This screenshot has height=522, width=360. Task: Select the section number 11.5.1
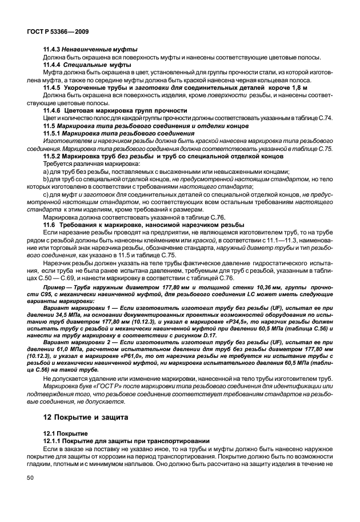tap(53, 133)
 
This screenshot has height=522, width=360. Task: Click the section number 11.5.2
tap(53, 156)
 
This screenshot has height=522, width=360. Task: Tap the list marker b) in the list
tap(46, 179)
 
